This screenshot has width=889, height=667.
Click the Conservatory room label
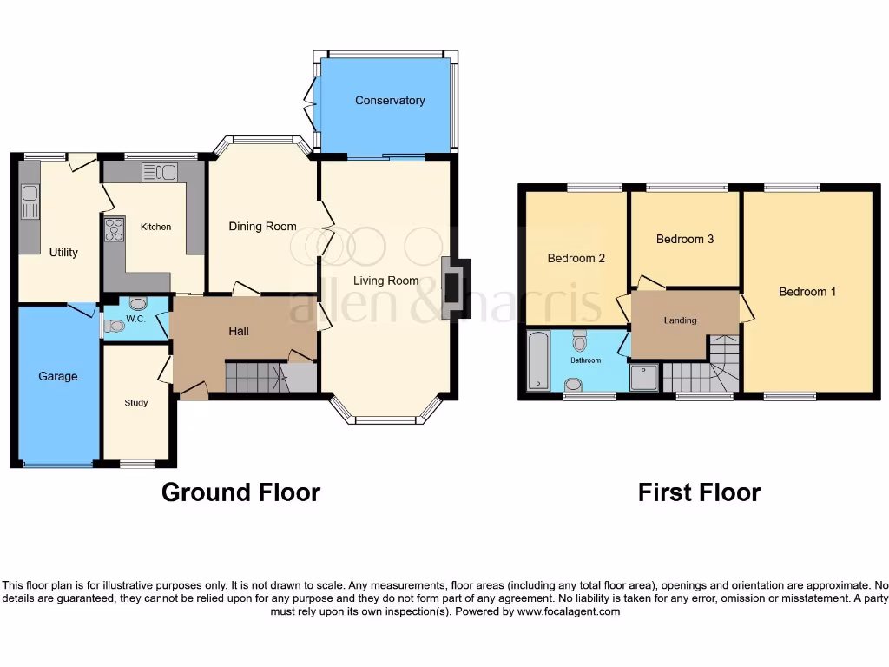pos(390,101)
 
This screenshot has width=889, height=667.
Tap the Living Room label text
pos(385,281)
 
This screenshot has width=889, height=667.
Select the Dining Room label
pos(262,227)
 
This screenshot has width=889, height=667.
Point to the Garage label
pos(57,376)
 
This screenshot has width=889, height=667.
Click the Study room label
pos(135,403)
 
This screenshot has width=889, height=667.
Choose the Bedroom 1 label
pos(807,292)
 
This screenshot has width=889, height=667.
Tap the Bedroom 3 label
pos(684,239)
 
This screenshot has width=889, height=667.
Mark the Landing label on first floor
pos(680,320)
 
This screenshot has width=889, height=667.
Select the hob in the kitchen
pos(115,229)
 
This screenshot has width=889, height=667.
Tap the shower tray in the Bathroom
pos(644,377)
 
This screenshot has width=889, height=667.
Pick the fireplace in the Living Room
pos(455,288)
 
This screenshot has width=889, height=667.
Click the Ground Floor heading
pos(240,492)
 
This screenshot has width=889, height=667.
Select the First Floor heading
pos(699,492)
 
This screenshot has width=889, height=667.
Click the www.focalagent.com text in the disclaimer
pos(569,611)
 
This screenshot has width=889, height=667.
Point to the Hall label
pos(239,331)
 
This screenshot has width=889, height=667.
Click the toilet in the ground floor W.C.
pos(138,304)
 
